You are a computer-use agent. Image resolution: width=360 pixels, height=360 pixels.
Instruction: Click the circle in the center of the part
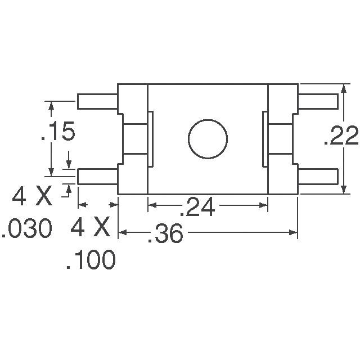208,139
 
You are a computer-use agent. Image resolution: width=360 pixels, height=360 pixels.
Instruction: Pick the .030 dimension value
27,229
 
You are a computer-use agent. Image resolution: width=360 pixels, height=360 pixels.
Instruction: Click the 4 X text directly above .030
32,197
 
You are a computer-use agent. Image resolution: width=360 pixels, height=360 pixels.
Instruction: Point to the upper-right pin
318,102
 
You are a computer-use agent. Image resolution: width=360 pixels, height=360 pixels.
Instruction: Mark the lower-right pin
318,177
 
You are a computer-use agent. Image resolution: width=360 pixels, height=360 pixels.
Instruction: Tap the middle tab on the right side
280,139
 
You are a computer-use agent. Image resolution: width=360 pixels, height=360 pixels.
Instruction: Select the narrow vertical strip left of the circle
150,139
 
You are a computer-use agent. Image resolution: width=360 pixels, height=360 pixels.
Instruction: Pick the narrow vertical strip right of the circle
264,139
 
